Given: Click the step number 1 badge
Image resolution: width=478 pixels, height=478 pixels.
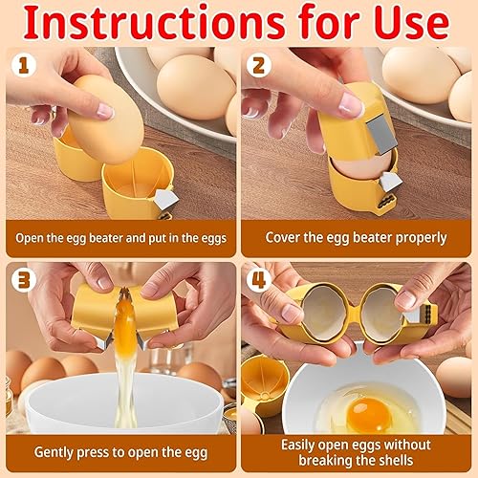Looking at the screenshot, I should coord(23,65).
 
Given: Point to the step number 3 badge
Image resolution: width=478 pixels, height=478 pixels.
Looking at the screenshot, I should coord(23,280).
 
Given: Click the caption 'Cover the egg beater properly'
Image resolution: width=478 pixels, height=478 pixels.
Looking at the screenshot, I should coord(357,237).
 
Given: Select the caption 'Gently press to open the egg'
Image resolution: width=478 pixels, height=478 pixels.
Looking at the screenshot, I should coord(120,451).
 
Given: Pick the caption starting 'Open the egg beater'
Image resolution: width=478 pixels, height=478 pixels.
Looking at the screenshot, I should coord(120,237).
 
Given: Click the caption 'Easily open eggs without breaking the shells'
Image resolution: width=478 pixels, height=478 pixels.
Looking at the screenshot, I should coord(357,451).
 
